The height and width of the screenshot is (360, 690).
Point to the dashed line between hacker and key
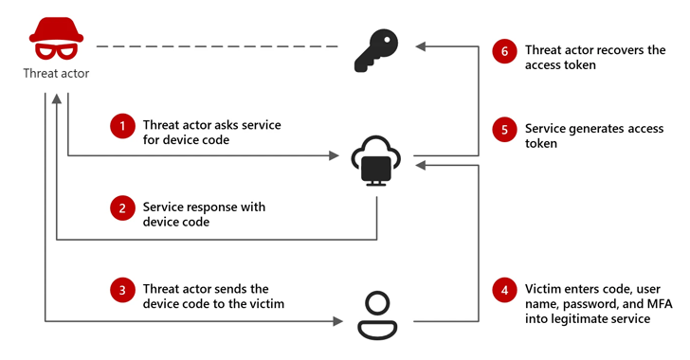tap(218, 45)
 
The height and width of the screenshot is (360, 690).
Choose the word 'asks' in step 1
tap(227, 125)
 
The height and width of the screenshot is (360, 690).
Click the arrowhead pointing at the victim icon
tap(336, 323)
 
